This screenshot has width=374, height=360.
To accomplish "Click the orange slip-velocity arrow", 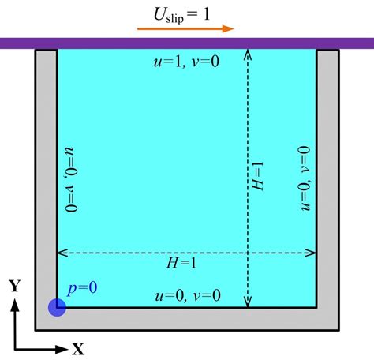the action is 185,28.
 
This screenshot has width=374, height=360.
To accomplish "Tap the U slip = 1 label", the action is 181,15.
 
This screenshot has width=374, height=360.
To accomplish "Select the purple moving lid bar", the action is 187,43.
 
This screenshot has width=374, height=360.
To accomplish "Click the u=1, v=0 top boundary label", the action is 186,62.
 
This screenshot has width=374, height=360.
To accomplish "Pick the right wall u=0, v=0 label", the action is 305,178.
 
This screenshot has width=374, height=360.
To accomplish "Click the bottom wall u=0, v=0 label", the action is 188,295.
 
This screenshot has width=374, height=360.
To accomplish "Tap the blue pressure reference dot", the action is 57,307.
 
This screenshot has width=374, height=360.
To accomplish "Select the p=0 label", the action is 82,288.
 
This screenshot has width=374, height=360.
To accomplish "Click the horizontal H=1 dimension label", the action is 181,263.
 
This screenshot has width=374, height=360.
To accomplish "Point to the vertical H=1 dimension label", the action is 257,175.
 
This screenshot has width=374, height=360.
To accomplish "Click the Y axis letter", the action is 15,286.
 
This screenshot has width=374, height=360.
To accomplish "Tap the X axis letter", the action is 78,349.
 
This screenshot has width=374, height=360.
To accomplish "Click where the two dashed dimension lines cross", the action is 248,253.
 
